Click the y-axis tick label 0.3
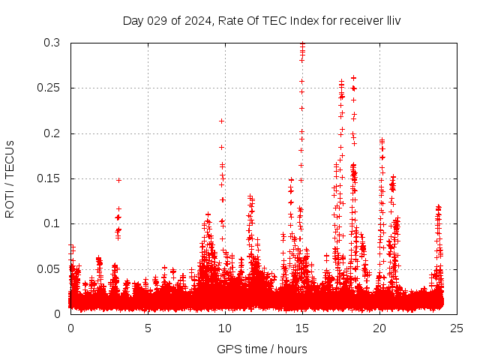coord(52,43)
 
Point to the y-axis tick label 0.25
coord(49,88)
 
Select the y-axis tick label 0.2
coord(52,133)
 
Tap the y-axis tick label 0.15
coord(49,178)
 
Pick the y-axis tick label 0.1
coord(52,223)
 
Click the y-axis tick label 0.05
coord(49,268)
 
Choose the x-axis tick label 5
coord(148,328)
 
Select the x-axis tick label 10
coord(225,328)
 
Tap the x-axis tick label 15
coord(302,328)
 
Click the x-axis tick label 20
coord(379,328)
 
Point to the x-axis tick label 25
coord(457,328)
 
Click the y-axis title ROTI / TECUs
coord(10,178)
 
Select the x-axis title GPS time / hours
coord(262,349)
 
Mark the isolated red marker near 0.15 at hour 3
coord(118,180)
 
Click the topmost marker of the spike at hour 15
coord(302,44)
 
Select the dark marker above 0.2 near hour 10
coord(221,121)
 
